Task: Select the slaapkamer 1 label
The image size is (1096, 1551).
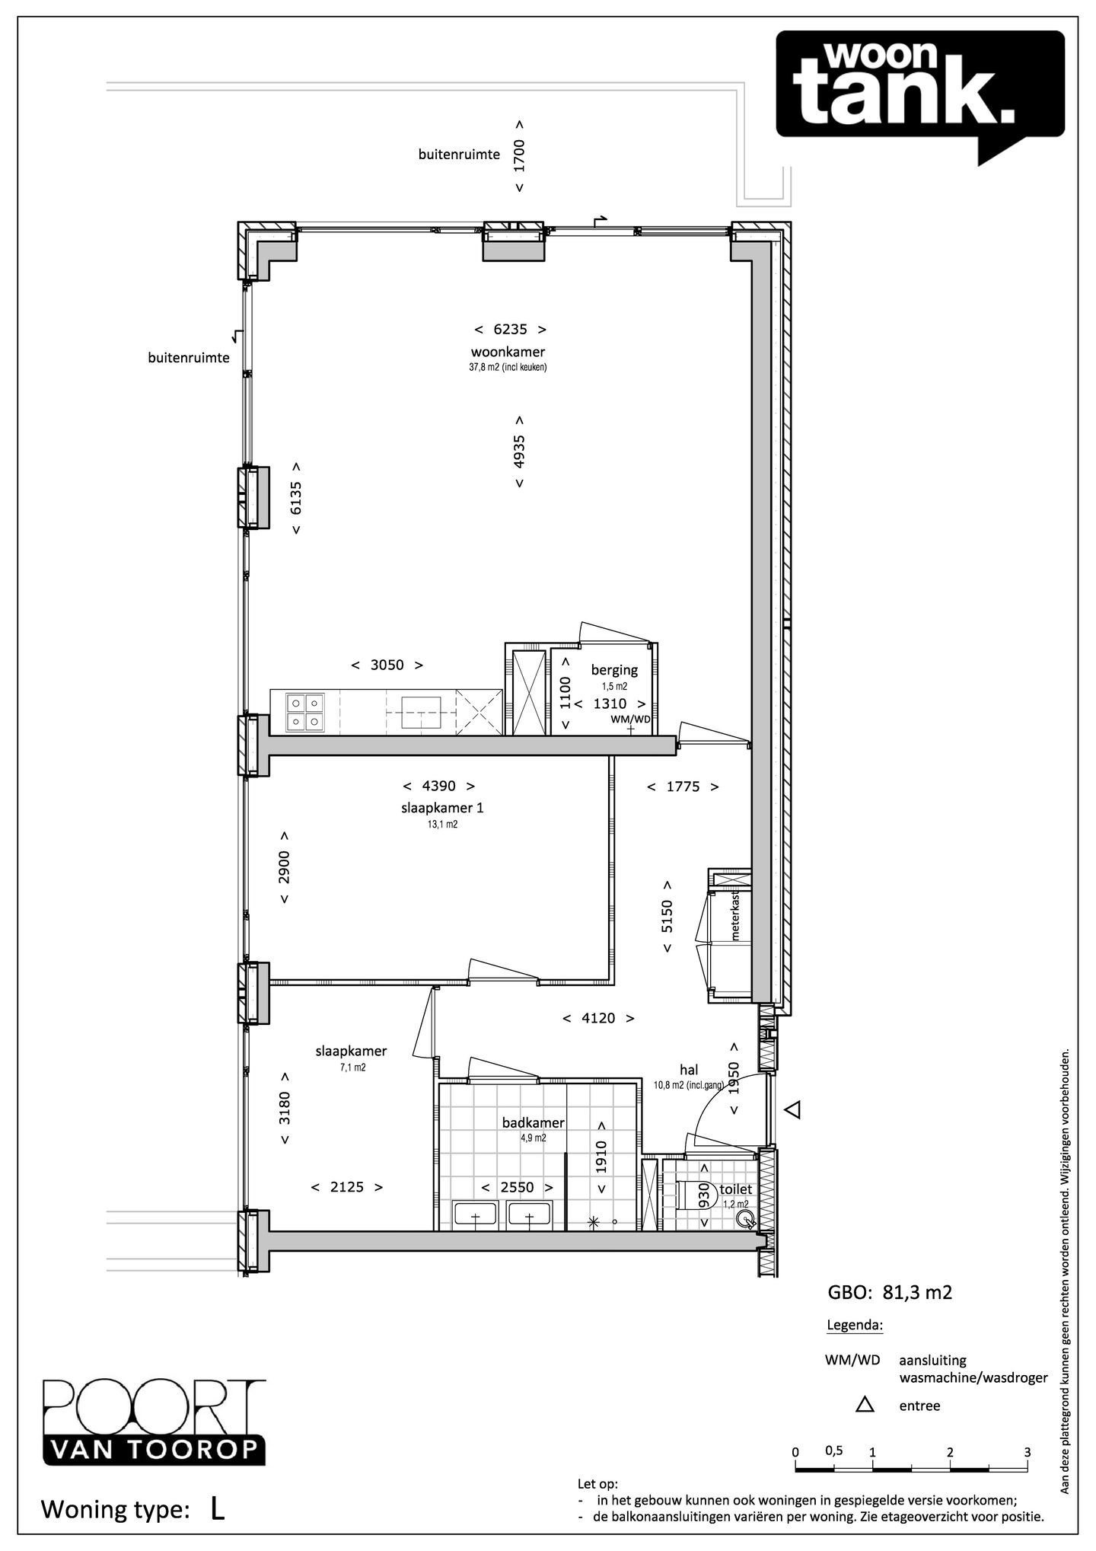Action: pos(442,808)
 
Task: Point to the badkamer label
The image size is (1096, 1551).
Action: pos(534,1123)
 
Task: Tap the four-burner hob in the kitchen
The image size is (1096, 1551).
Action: pos(305,713)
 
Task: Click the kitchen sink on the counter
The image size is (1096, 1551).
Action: pos(421,713)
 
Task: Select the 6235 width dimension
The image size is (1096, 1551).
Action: pos(510,330)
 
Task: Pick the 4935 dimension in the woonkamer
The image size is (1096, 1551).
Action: pos(519,452)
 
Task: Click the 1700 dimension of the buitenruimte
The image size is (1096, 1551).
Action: pos(519,155)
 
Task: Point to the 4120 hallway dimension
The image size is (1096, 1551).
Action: pos(598,1018)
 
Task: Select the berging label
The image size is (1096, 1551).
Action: pos(614,670)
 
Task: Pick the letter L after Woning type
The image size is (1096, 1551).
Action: pos(217,1510)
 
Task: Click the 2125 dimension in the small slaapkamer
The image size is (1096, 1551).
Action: pos(347,1187)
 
